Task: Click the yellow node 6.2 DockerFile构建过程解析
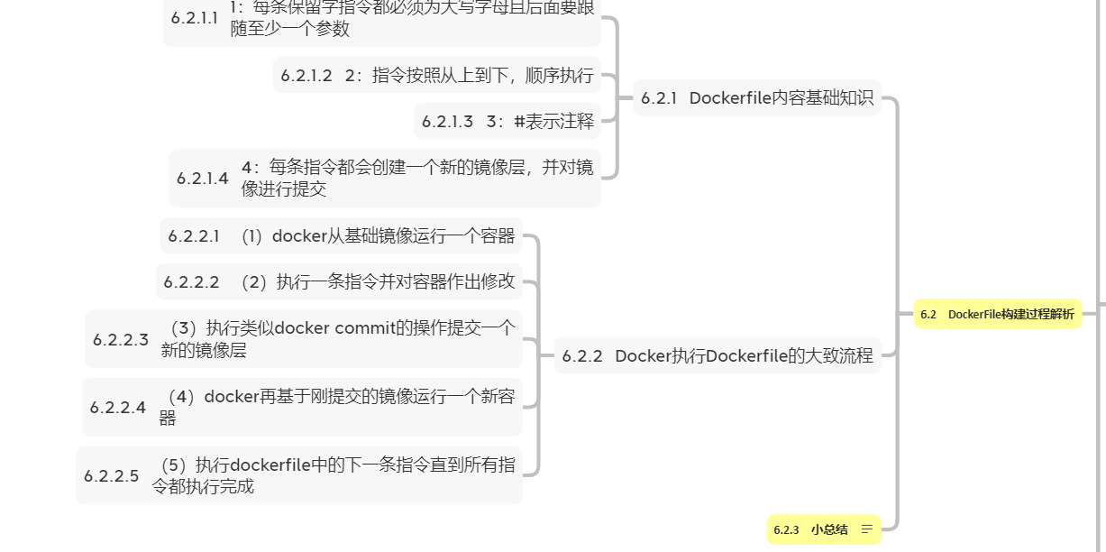click(x=997, y=314)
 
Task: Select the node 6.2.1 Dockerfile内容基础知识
click(x=757, y=98)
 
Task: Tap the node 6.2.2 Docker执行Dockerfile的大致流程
click(x=718, y=355)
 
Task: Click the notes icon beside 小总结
click(x=867, y=529)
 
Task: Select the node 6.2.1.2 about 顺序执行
click(x=437, y=76)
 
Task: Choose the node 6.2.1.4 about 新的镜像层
click(x=385, y=178)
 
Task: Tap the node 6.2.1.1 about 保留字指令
click(x=382, y=22)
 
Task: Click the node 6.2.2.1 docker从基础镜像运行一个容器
click(x=342, y=236)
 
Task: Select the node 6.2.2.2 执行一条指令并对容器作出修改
click(x=339, y=281)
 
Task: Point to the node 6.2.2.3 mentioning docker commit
click(x=304, y=339)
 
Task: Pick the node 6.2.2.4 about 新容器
click(x=303, y=407)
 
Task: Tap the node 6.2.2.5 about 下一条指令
click(x=299, y=475)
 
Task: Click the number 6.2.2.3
click(x=121, y=340)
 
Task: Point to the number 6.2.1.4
click(x=203, y=179)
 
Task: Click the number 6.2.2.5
click(x=112, y=475)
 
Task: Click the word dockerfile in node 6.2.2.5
click(x=270, y=465)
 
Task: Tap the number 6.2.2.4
click(x=118, y=408)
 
